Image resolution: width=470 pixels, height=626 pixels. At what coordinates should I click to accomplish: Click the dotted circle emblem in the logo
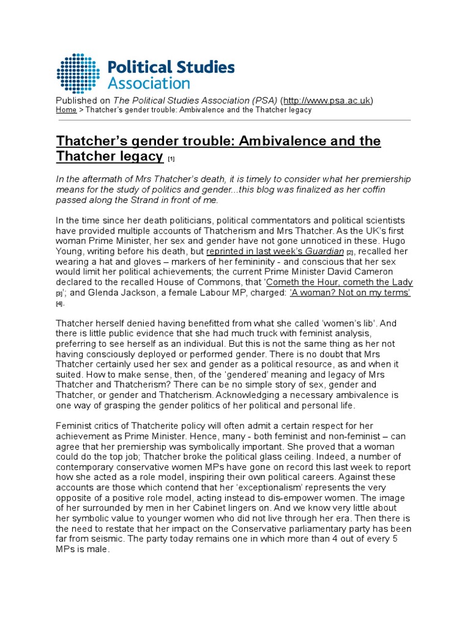pos(78,73)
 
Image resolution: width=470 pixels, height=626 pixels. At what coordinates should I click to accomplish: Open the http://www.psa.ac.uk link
pos(326,100)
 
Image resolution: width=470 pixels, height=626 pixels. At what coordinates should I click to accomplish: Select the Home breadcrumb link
pos(66,110)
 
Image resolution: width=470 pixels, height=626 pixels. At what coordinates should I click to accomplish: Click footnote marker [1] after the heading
pos(171,160)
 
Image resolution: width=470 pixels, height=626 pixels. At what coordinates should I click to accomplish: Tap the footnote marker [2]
pos(350,252)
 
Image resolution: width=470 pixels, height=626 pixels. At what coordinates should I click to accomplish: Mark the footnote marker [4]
pos(60,304)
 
